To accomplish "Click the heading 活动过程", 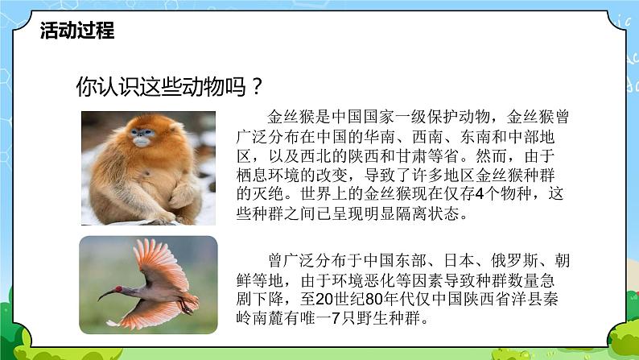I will pyautogui.click(x=76, y=31).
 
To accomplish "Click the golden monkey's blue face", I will pyautogui.click(x=142, y=139).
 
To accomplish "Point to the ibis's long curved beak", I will pyautogui.click(x=113, y=291).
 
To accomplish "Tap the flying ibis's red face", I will pyautogui.click(x=131, y=284).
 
